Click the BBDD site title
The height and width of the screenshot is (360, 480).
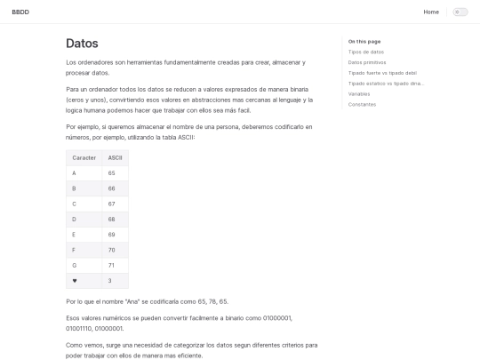tap(20, 12)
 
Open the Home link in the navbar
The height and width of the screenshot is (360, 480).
tap(431, 12)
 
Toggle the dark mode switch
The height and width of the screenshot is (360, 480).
tap(460, 12)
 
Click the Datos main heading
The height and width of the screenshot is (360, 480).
tap(82, 43)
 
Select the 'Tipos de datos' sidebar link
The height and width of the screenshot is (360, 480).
tap(366, 52)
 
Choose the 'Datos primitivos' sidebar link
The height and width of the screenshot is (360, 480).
tap(367, 62)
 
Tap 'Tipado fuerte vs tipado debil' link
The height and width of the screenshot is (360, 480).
tap(382, 73)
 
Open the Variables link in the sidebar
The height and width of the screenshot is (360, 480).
tap(359, 93)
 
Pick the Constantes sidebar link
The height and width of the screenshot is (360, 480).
tap(362, 104)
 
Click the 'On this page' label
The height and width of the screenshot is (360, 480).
tap(364, 41)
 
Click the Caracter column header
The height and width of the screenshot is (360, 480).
tap(84, 157)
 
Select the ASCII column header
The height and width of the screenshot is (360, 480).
tap(115, 157)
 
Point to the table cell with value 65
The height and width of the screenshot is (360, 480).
tap(112, 172)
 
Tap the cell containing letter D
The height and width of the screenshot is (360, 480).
tap(74, 219)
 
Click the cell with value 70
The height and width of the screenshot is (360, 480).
tap(112, 250)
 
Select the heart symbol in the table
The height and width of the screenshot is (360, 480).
tap(74, 281)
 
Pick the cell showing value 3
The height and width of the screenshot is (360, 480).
tap(110, 281)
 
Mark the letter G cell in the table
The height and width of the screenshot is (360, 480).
tap(74, 265)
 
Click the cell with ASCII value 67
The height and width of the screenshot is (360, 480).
tap(112, 204)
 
